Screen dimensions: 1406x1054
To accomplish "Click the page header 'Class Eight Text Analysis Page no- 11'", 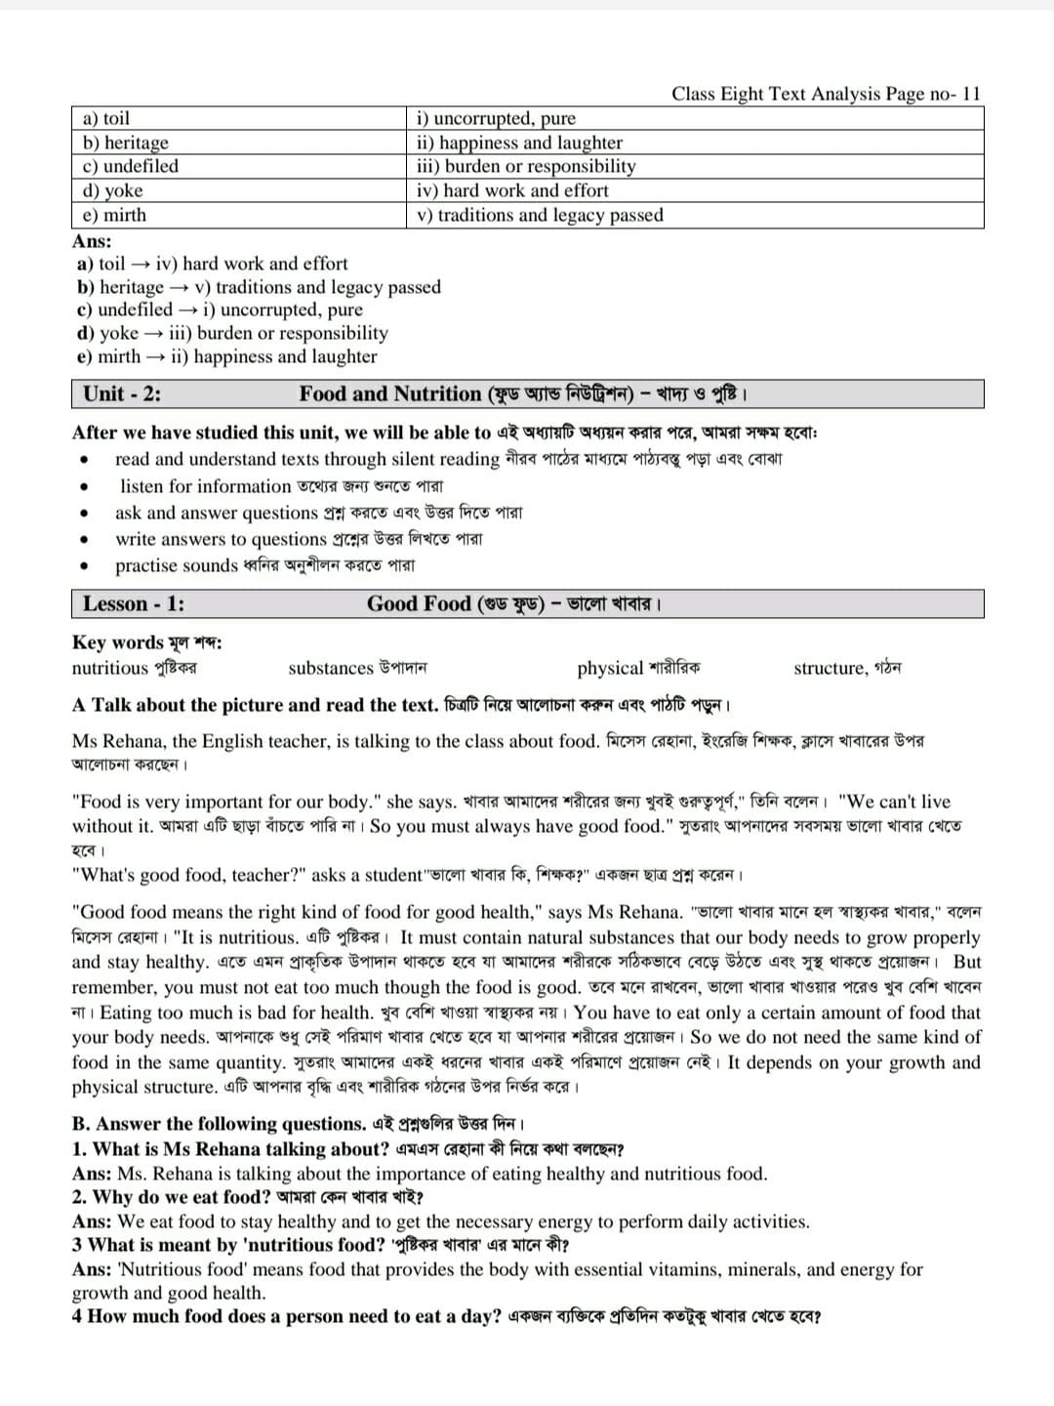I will (x=826, y=94).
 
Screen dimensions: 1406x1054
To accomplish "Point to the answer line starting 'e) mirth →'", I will (x=226, y=356).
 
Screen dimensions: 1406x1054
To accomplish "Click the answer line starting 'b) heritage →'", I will (x=259, y=287).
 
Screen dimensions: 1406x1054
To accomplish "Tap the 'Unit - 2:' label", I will (x=122, y=393).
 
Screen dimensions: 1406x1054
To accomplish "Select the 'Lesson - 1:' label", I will (x=134, y=603).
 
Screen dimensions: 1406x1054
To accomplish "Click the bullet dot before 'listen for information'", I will (x=87, y=486).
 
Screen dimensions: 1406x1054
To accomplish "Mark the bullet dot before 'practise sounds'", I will (x=87, y=565).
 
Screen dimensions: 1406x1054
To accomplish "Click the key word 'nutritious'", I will (x=109, y=668).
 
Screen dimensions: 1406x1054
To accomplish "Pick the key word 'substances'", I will (x=331, y=668).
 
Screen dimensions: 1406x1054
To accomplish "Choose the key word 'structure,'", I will (x=831, y=668).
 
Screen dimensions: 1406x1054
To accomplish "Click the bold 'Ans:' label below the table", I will (x=92, y=241).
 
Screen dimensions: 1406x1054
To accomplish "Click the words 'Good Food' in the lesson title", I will (x=419, y=603).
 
